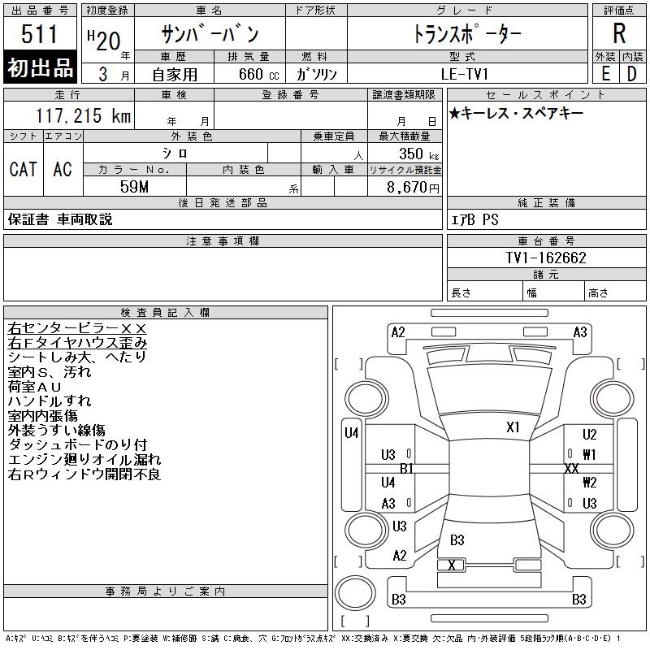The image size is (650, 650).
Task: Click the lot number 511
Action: point(39,33)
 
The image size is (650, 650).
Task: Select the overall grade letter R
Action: point(619,33)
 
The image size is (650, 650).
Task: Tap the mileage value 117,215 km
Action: point(83,115)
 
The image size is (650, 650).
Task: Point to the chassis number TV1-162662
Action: point(546,258)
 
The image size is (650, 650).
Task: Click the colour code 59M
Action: point(134,187)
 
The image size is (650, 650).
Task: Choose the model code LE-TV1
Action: point(465,74)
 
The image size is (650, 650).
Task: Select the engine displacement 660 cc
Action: point(258,74)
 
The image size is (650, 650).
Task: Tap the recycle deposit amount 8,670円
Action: point(413,188)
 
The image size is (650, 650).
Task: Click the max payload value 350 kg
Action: point(418,154)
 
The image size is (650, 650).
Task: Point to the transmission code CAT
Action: point(24,169)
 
